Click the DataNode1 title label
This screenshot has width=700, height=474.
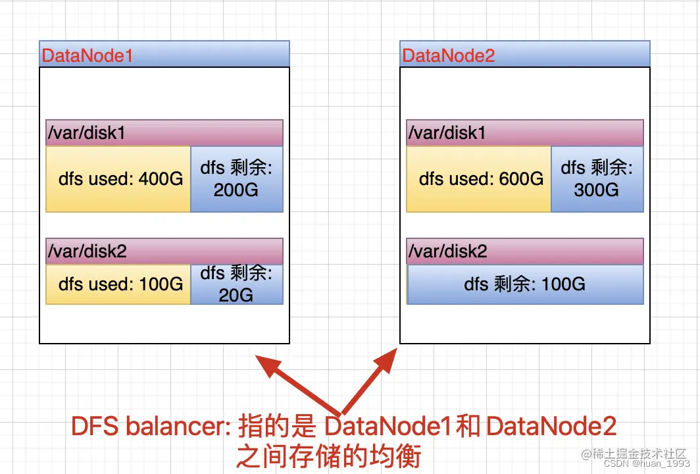[87, 55]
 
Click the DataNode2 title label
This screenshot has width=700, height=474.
[448, 55]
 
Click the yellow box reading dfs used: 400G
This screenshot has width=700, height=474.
[118, 179]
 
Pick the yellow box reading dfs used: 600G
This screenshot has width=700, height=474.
[479, 179]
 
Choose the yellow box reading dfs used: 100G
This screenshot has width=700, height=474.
[118, 284]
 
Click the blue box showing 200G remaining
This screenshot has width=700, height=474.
[237, 179]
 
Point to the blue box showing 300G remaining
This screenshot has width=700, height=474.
[597, 179]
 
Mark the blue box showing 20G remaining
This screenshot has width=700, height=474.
[237, 284]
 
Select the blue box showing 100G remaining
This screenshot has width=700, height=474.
[525, 284]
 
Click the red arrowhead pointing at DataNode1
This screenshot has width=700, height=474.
[267, 365]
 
